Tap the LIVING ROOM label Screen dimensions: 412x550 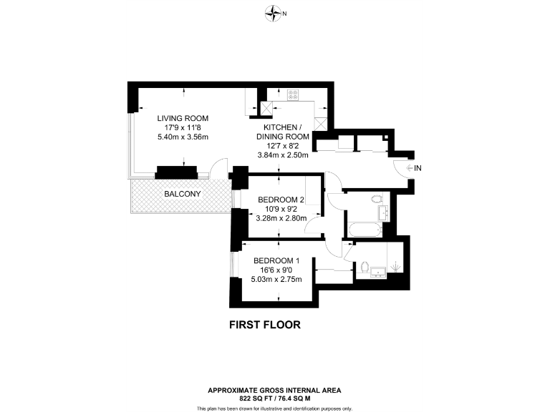pyautogui.click(x=183, y=118)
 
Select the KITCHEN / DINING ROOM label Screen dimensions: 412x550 pyautogui.click(x=283, y=132)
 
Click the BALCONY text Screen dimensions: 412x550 pyautogui.click(x=182, y=194)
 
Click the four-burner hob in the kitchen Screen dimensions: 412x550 pyautogui.click(x=294, y=94)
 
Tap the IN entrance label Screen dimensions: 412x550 pyautogui.click(x=418, y=168)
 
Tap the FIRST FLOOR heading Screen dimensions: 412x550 pyautogui.click(x=264, y=324)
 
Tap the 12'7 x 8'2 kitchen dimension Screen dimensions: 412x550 pyautogui.click(x=283, y=146)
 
